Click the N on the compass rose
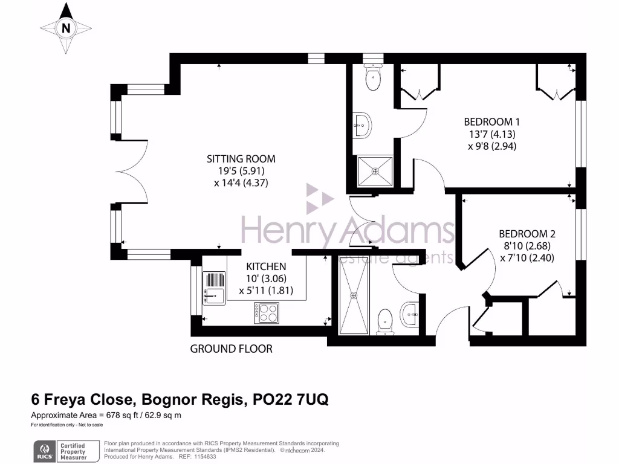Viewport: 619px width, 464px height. point(66,28)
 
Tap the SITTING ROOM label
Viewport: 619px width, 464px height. point(241,159)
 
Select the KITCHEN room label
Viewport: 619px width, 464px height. point(265,266)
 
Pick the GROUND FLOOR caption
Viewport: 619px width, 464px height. point(231,349)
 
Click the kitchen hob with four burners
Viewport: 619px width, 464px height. point(266,312)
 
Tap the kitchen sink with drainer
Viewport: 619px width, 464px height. point(214,288)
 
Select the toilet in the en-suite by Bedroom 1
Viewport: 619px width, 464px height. point(373,77)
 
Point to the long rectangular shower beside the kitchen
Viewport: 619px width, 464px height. point(354,295)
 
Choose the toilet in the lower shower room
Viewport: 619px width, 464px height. point(385,322)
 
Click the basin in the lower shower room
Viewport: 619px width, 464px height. point(410,312)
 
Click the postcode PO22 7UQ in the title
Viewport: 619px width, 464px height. point(291,400)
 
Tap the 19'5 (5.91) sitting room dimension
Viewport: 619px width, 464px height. point(241,171)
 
